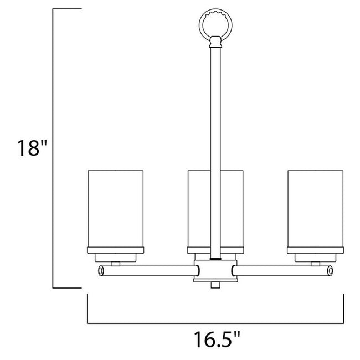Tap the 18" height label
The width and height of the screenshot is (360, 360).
tap(29, 148)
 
